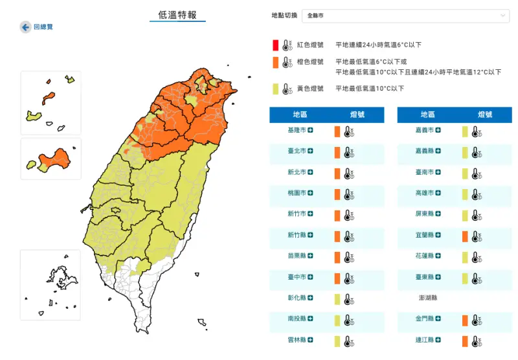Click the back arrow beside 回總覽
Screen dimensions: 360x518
tap(25, 27)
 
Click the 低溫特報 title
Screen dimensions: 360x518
tap(177, 15)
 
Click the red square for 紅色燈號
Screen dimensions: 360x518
tap(275, 45)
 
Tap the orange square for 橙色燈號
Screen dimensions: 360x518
tap(275, 62)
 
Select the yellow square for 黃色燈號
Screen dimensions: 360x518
tap(275, 89)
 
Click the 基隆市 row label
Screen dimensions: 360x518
tap(297, 131)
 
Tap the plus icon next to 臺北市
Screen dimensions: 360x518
tap(311, 152)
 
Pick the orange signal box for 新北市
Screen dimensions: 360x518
tap(337, 174)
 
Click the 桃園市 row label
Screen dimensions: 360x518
tap(297, 194)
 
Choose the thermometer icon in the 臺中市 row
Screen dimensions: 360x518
tap(349, 278)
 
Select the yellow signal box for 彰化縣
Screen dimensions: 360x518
tap(337, 299)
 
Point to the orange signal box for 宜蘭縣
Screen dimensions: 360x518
tap(465, 236)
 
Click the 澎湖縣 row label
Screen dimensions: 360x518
tap(426, 299)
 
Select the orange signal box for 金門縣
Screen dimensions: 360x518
tap(465, 320)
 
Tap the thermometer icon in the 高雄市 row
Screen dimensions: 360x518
tap(477, 194)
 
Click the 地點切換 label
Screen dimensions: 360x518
tap(285, 16)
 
